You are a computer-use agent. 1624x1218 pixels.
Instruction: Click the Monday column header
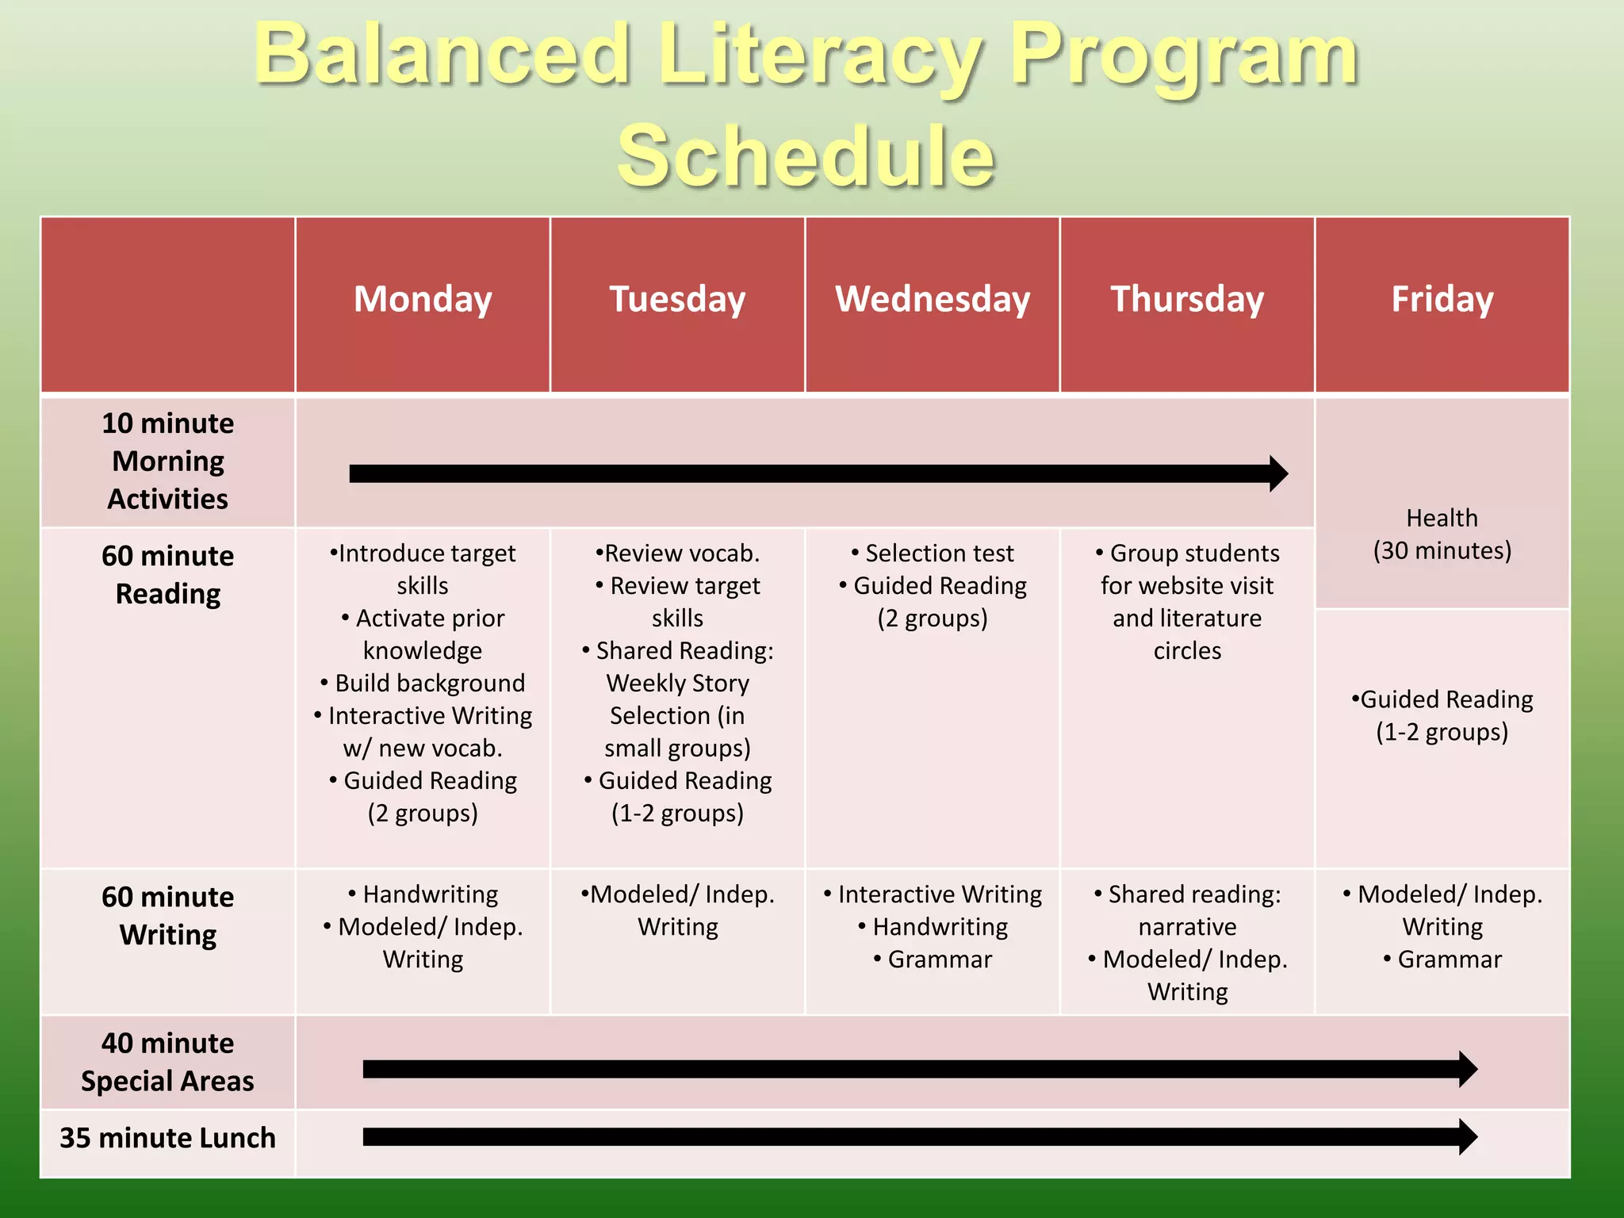[423, 300]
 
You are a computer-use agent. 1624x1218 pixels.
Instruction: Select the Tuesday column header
[677, 300]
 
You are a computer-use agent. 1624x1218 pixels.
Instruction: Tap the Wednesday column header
[933, 300]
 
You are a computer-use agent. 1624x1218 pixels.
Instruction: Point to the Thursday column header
[1187, 300]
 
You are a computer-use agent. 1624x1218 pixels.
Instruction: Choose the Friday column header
[1442, 300]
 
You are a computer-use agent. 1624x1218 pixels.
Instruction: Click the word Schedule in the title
[806, 156]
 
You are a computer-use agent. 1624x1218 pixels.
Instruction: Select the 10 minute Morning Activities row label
[168, 461]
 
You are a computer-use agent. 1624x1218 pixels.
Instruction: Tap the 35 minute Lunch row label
[168, 1138]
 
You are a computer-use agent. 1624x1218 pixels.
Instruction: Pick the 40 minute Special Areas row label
[168, 1062]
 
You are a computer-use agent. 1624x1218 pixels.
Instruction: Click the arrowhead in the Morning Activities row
[1277, 473]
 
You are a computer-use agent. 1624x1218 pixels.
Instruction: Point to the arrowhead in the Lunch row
[1467, 1137]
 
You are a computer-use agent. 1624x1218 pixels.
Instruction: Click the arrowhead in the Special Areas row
[1467, 1070]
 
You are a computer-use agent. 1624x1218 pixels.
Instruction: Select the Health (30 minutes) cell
[1442, 534]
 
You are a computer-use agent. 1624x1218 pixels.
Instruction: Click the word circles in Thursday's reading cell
[1187, 650]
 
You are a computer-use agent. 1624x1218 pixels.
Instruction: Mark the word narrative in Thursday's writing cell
[1187, 926]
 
